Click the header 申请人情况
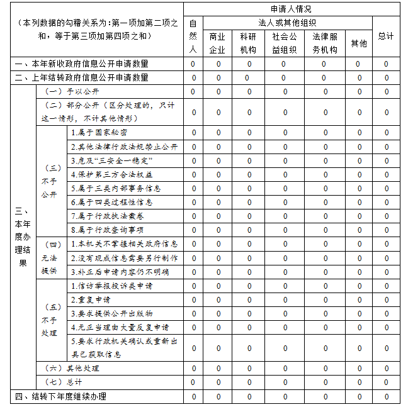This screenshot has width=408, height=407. (x=291, y=9)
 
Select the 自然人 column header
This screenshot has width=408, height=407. (x=193, y=36)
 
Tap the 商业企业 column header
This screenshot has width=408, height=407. (x=217, y=43)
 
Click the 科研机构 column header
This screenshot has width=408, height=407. (x=248, y=43)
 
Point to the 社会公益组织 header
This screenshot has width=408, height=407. (x=285, y=43)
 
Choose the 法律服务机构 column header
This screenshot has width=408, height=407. (x=325, y=43)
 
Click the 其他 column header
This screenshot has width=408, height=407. (x=359, y=43)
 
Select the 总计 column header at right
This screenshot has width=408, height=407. (x=386, y=36)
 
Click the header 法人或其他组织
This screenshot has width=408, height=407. (x=287, y=23)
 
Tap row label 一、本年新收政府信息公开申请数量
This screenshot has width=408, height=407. (x=82, y=64)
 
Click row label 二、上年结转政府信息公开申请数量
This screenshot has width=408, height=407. (x=82, y=77)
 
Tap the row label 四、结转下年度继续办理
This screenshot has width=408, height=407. (x=60, y=396)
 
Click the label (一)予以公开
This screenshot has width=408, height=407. (x=65, y=91)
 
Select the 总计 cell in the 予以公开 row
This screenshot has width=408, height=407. (x=387, y=91)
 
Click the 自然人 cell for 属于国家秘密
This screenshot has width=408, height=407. (x=193, y=133)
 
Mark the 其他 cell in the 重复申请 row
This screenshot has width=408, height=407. (x=360, y=299)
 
